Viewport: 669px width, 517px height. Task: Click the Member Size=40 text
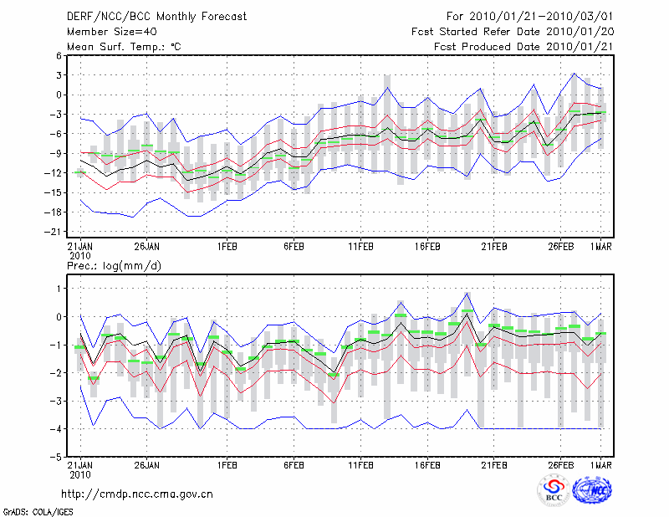click(112, 32)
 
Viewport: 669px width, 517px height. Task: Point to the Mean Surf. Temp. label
click(124, 47)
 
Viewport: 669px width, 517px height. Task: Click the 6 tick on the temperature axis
click(59, 56)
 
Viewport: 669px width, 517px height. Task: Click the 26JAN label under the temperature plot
click(147, 248)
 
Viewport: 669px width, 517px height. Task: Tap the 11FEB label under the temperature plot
click(360, 248)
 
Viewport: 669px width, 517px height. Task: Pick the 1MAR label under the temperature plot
click(600, 248)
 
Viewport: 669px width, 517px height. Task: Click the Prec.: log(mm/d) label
click(115, 265)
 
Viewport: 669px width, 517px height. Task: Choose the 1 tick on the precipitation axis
click(59, 289)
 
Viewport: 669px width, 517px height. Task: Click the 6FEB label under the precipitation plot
click(294, 464)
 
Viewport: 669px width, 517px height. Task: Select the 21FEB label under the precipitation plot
click(494, 464)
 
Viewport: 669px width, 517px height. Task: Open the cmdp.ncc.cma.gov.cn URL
click(137, 494)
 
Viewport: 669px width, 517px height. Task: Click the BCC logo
click(554, 490)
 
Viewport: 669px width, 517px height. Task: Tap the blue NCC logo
click(595, 490)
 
